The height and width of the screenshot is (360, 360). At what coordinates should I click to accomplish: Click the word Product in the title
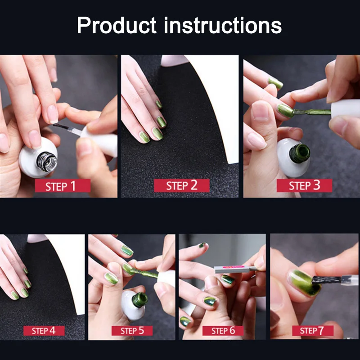click(x=117, y=25)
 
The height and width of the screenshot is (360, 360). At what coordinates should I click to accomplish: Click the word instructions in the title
click(x=222, y=25)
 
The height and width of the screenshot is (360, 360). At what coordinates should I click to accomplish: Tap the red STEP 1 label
click(x=63, y=186)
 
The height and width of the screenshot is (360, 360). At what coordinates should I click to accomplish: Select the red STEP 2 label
click(x=182, y=185)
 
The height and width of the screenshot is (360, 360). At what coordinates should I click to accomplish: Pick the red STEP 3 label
click(x=304, y=185)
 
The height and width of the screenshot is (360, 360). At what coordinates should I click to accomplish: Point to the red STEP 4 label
click(x=44, y=331)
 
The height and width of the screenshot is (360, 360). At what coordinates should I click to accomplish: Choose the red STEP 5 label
click(x=132, y=331)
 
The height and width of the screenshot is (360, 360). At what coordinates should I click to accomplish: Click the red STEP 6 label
click(x=223, y=331)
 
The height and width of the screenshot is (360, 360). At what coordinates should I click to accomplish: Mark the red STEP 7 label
click(x=313, y=331)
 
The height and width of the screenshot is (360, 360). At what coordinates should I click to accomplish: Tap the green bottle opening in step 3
click(x=300, y=153)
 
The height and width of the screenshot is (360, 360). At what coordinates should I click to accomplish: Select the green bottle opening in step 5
click(x=139, y=300)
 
